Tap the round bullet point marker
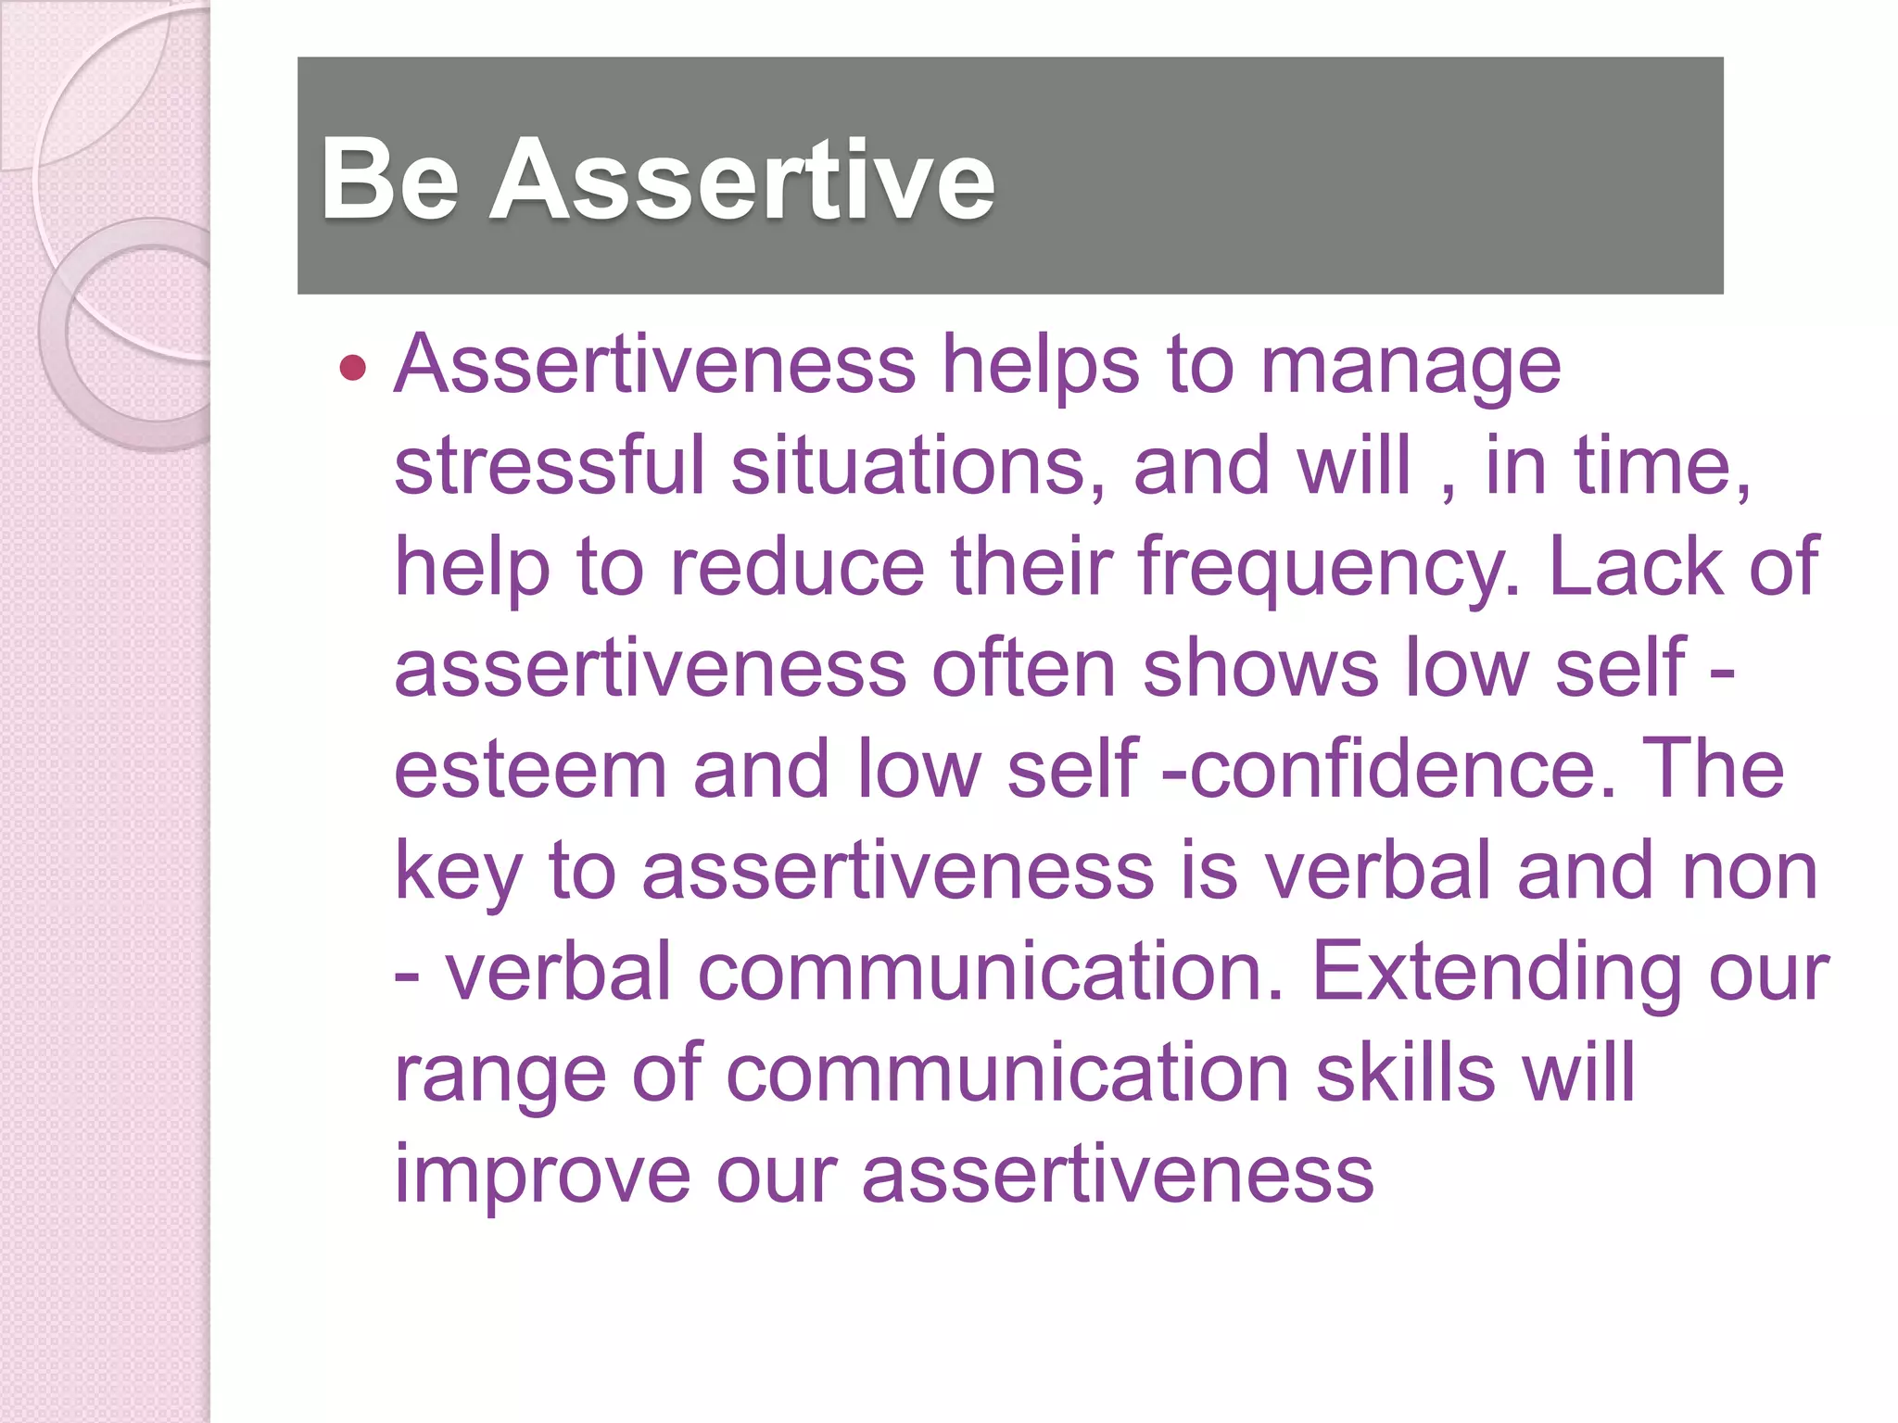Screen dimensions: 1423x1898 click(353, 368)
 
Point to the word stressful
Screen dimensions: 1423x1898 click(550, 465)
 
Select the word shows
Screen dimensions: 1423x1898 click(1260, 668)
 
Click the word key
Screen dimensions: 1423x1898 click(458, 874)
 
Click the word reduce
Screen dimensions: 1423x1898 click(797, 567)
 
